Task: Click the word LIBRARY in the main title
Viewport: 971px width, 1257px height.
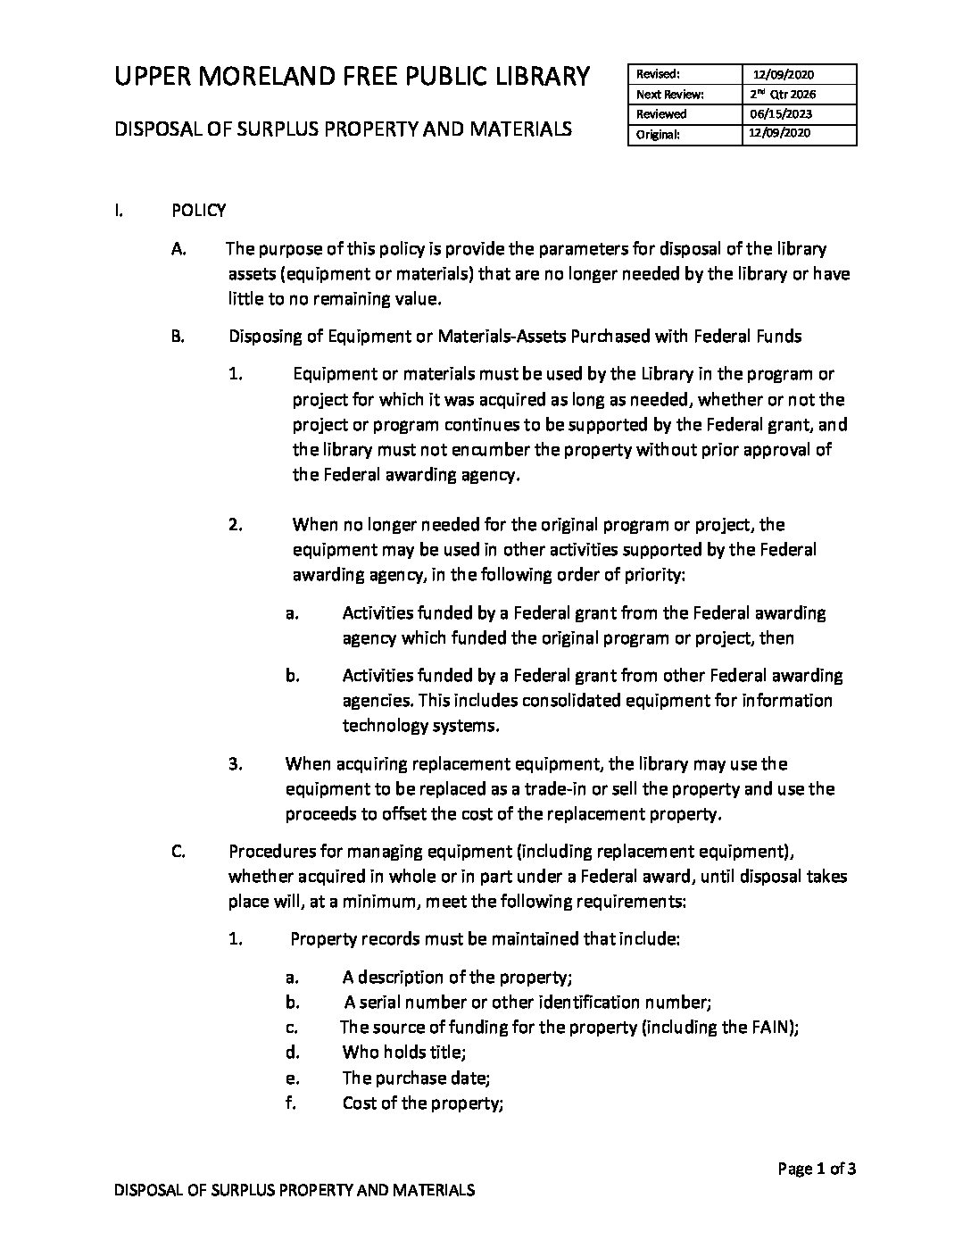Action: coord(535,77)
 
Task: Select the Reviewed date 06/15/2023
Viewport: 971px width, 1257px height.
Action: coord(776,114)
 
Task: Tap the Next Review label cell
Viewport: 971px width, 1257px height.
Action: coord(670,94)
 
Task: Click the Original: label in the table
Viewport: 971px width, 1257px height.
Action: coord(659,135)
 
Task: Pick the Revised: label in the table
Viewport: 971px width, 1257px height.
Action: coord(659,74)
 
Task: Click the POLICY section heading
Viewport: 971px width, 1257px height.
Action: coord(198,211)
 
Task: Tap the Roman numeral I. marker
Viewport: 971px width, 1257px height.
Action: coord(118,211)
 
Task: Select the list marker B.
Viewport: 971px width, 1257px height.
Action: coord(178,337)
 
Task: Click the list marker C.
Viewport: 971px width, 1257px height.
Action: coord(178,851)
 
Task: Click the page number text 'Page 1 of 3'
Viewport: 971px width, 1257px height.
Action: coord(817,1169)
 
